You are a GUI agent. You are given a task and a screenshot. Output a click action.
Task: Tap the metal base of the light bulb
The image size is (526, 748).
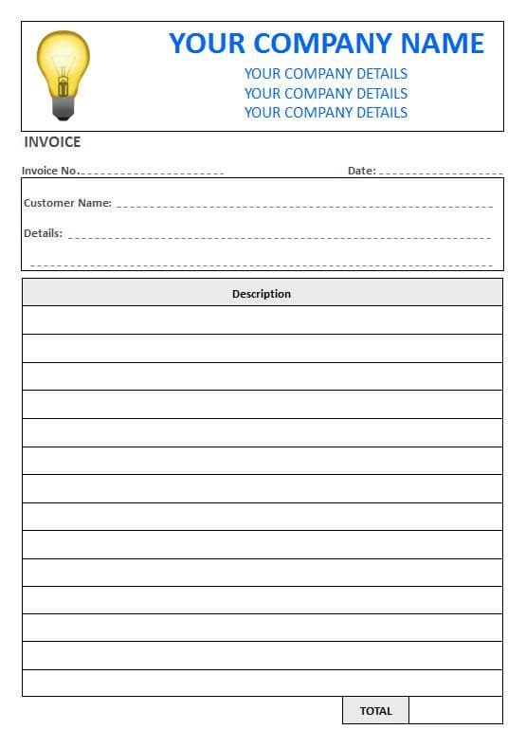pyautogui.click(x=63, y=109)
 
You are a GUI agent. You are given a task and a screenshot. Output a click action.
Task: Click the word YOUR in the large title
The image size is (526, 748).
pyautogui.click(x=208, y=43)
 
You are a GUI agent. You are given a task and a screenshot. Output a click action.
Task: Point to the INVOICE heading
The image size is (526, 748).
pyautogui.click(x=52, y=142)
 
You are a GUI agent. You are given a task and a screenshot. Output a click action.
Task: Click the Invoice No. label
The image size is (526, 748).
pyautogui.click(x=49, y=171)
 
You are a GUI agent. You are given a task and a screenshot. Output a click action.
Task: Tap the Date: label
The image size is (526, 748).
pyautogui.click(x=361, y=171)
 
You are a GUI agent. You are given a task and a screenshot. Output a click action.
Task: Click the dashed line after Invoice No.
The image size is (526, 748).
pyautogui.click(x=152, y=173)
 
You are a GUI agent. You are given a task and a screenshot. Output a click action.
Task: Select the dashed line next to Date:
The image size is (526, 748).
pyautogui.click(x=440, y=173)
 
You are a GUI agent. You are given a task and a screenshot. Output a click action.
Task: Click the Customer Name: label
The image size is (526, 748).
pyautogui.click(x=67, y=203)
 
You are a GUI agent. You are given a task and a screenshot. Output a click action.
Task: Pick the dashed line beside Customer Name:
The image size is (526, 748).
pyautogui.click(x=303, y=206)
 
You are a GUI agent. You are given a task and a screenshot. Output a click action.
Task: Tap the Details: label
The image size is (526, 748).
pyautogui.click(x=43, y=233)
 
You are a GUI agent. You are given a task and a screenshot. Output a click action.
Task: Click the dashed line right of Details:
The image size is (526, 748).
pyautogui.click(x=280, y=237)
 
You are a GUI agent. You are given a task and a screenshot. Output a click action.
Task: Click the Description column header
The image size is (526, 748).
pyautogui.click(x=262, y=294)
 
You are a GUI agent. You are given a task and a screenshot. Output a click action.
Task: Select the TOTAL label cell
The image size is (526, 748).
pyautogui.click(x=375, y=711)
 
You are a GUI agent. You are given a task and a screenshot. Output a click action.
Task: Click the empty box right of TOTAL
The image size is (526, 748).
pyautogui.click(x=455, y=711)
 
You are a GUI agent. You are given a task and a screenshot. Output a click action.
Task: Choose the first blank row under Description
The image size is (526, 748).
pyautogui.click(x=262, y=320)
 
